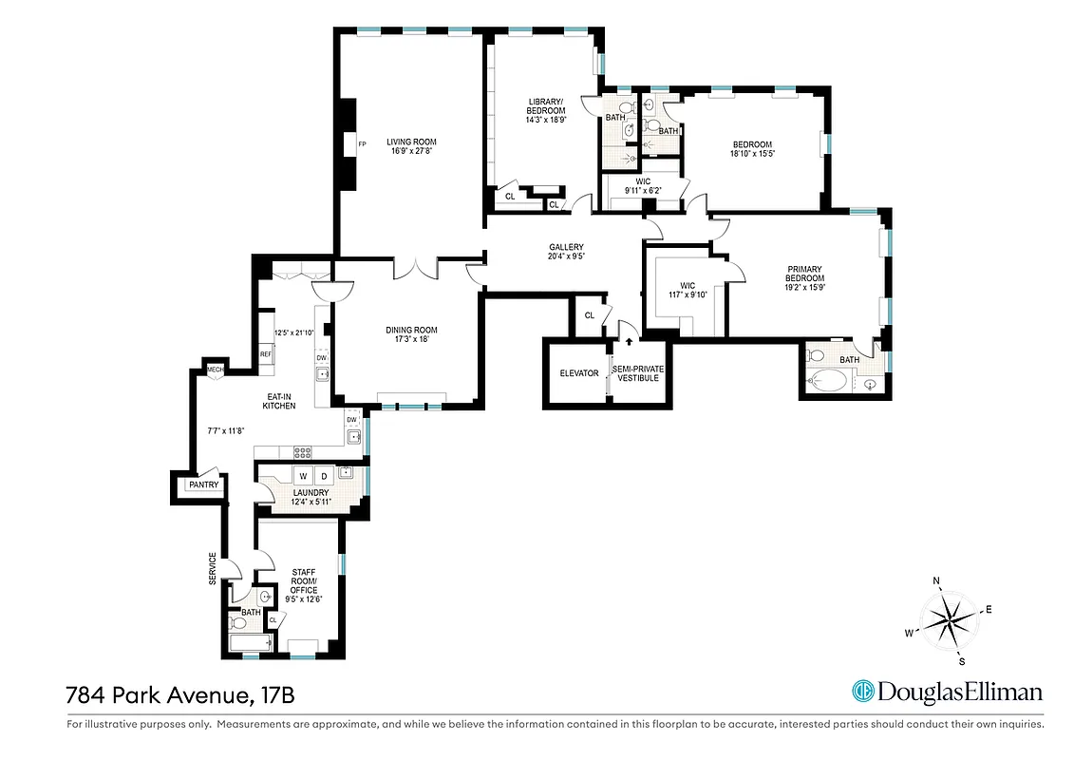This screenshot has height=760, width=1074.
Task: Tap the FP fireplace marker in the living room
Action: (x=362, y=144)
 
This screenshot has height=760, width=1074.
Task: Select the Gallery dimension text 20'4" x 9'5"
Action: (x=565, y=256)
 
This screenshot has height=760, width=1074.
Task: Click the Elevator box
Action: (x=578, y=373)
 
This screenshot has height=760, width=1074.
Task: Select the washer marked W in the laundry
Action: (x=303, y=475)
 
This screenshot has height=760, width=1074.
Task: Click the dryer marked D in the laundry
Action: (x=323, y=475)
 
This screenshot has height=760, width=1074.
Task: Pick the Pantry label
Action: (x=203, y=484)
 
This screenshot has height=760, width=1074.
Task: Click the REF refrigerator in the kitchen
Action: (x=266, y=354)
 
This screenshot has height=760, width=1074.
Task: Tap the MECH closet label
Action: (x=215, y=368)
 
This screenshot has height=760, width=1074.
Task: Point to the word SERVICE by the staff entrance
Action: (x=213, y=568)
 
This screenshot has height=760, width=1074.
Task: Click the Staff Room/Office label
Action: (x=304, y=580)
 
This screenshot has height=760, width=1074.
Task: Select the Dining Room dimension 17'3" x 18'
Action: (x=411, y=339)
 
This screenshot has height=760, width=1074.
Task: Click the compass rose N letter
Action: (x=936, y=579)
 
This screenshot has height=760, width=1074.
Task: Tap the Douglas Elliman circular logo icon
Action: (x=862, y=692)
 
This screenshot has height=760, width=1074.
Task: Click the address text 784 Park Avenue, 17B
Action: (x=179, y=694)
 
